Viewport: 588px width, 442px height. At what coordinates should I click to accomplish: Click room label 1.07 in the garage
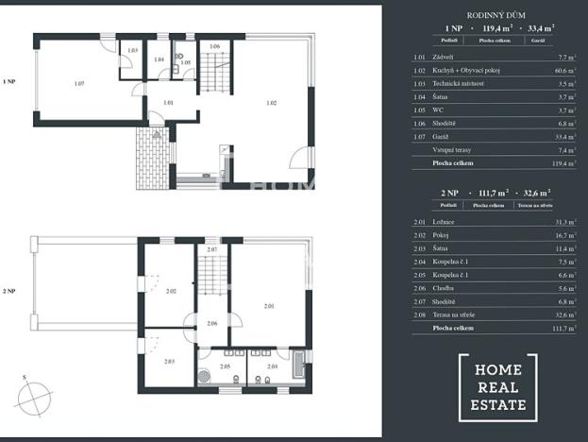tap(80, 84)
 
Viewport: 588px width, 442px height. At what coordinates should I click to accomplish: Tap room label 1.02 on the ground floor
tap(271, 102)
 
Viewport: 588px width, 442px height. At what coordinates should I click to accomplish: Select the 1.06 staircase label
tap(214, 46)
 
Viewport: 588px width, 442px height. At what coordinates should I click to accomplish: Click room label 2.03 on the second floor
tap(169, 362)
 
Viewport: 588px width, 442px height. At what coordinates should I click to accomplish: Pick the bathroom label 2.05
tap(225, 365)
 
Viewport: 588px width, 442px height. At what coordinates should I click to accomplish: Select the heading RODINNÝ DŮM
tap(496, 16)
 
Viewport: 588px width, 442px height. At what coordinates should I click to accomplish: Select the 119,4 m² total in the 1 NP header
tap(496, 29)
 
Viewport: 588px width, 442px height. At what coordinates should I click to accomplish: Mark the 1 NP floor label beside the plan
tap(10, 82)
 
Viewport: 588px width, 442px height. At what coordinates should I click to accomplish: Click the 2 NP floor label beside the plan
tap(10, 292)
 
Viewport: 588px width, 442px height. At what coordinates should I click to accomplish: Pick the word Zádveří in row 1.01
tap(443, 57)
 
